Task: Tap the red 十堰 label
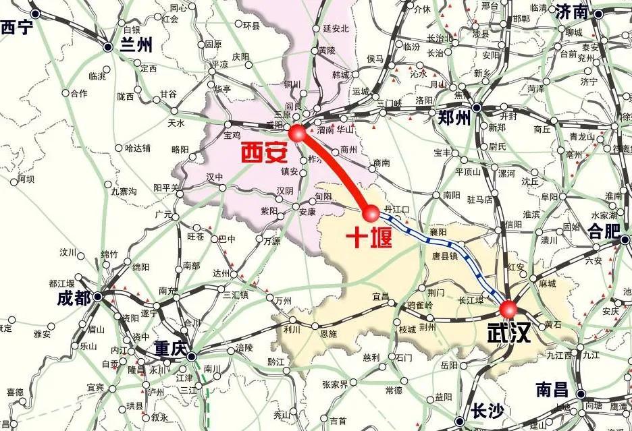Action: tap(369, 237)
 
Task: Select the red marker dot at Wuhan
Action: tap(508, 310)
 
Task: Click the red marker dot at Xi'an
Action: tap(297, 133)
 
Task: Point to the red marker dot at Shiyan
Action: tap(371, 214)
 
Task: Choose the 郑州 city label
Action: tap(453, 118)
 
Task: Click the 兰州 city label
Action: tap(136, 45)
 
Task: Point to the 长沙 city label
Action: tap(488, 411)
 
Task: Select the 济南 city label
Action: tap(580, 11)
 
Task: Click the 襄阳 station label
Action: tap(439, 231)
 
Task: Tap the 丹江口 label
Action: tap(397, 209)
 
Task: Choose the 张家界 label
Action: tap(334, 384)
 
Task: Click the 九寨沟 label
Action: tap(124, 192)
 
